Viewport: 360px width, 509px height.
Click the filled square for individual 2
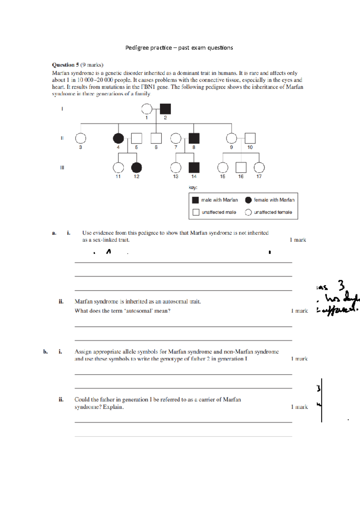click(165, 109)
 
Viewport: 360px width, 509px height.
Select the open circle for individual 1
click(147, 109)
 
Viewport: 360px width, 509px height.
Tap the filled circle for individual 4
click(118, 138)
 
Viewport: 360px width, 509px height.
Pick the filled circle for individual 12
click(136, 168)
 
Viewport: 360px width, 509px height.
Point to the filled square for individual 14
click(194, 168)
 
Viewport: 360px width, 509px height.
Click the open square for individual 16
click(241, 168)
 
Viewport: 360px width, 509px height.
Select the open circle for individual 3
click(80, 138)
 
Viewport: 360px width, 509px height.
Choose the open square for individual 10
click(250, 138)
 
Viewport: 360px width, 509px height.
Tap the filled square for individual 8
click(194, 138)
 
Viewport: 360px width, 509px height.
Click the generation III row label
click(62, 168)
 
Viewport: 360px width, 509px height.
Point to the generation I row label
click(62, 109)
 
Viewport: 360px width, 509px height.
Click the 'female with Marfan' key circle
click(248, 200)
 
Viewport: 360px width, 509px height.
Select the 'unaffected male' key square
click(196, 212)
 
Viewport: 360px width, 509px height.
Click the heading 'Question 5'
click(65, 65)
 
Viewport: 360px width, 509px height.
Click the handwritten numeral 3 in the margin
click(341, 285)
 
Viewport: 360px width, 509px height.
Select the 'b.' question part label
click(45, 352)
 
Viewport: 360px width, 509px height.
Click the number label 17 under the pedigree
click(259, 177)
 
